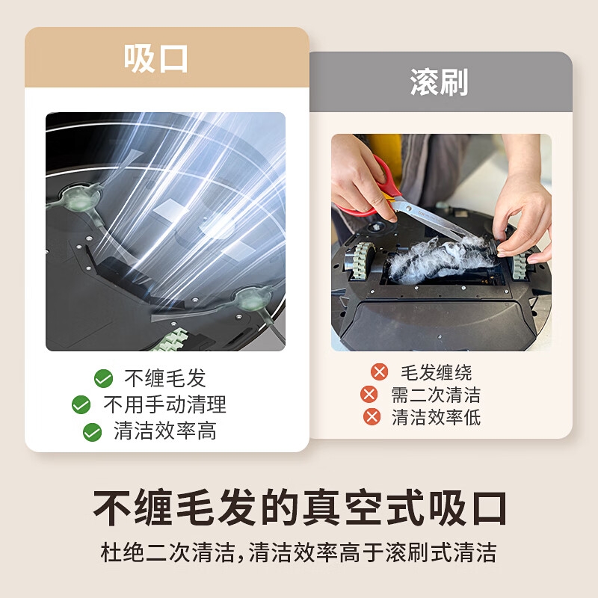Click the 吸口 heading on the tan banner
pyautogui.click(x=155, y=58)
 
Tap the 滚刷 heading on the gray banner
pyautogui.click(x=439, y=82)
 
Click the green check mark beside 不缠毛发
pyautogui.click(x=103, y=378)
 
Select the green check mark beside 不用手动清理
pyautogui.click(x=81, y=404)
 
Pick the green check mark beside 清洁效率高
pyautogui.click(x=92, y=432)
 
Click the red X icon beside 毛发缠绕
pyautogui.click(x=380, y=372)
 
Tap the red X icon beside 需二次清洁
pyautogui.click(x=369, y=395)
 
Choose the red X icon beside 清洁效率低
pyautogui.click(x=372, y=416)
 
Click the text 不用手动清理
pyautogui.click(x=164, y=404)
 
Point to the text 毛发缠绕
pyautogui.click(x=436, y=372)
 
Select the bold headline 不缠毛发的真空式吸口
pyautogui.click(x=300, y=508)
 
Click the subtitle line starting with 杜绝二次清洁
pyautogui.click(x=298, y=552)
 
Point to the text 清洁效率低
pyautogui.click(x=436, y=417)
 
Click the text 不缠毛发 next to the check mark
pyautogui.click(x=165, y=378)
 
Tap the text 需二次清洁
pyautogui.click(x=436, y=395)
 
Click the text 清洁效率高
pyautogui.click(x=165, y=431)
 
